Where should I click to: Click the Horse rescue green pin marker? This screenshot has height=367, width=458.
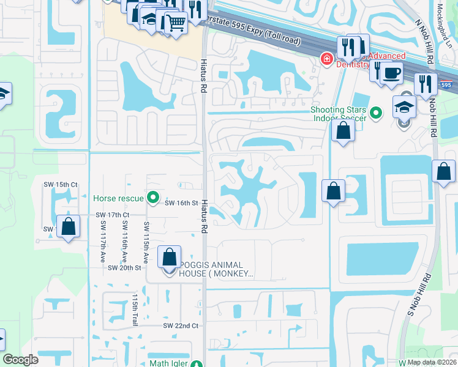tap(154, 198)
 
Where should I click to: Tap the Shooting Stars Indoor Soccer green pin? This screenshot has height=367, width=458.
tap(377, 113)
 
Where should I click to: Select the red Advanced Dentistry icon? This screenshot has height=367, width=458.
tap(327, 59)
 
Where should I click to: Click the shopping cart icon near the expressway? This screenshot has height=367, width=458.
tap(176, 23)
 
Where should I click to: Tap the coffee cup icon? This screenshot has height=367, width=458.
tap(392, 73)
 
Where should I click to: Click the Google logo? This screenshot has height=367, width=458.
tap(21, 360)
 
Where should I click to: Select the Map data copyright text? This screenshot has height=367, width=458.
tap(431, 362)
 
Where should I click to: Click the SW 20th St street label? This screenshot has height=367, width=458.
tap(125, 268)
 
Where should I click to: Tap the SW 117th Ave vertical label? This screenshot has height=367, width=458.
tap(103, 242)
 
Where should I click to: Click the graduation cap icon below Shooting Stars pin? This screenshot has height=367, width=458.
tap(404, 108)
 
